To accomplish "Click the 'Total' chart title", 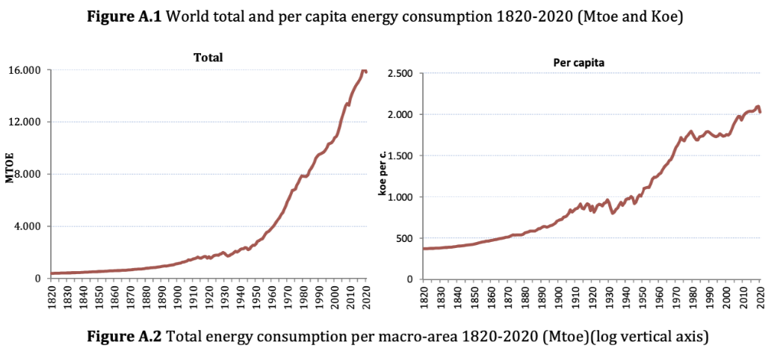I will click(x=208, y=57).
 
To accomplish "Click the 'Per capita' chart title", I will click(x=578, y=63).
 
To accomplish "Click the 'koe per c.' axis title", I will click(x=382, y=174).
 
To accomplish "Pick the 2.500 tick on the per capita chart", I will click(x=400, y=73).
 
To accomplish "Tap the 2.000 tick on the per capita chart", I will click(x=400, y=114).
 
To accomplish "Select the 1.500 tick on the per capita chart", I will click(x=400, y=156).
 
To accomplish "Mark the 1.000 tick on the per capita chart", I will click(x=400, y=197).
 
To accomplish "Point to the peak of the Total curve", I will click(x=364, y=69).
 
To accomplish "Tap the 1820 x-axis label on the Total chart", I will click(x=53, y=296).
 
